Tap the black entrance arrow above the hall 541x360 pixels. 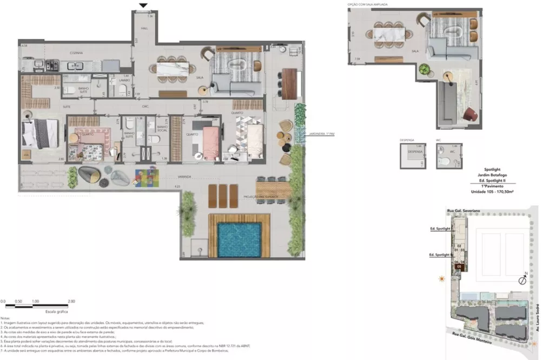(143, 6)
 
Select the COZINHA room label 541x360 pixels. (75, 53)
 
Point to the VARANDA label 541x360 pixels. (187, 177)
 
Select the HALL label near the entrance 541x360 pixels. (144, 27)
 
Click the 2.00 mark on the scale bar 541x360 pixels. (71, 301)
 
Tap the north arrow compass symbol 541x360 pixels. (523, 280)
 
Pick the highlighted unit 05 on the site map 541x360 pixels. (459, 266)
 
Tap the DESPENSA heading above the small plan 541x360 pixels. (407, 139)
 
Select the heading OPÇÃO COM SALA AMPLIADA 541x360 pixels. (371, 4)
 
